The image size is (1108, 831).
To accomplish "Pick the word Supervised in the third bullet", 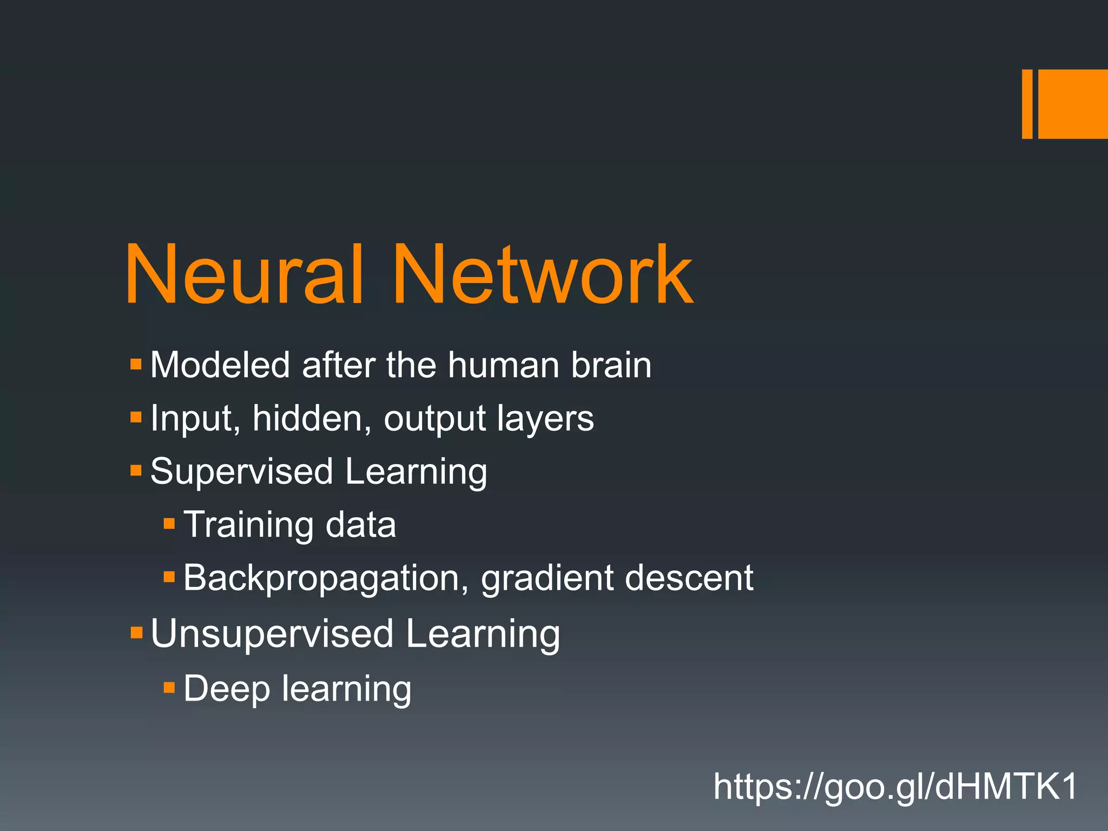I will click(x=241, y=472).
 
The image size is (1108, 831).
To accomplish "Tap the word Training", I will click(x=248, y=525).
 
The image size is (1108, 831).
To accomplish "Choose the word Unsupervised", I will click(x=272, y=634).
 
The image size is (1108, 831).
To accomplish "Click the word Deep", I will click(x=227, y=689).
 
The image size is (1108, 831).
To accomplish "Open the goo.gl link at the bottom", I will click(x=895, y=787).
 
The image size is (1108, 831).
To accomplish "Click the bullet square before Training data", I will click(x=169, y=523).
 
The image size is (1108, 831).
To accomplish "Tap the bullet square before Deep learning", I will click(x=169, y=688).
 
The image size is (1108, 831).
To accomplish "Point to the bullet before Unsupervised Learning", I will click(x=136, y=632).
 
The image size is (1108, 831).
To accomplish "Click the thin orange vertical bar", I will click(x=1027, y=104).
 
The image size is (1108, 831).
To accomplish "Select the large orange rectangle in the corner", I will click(x=1073, y=104).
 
